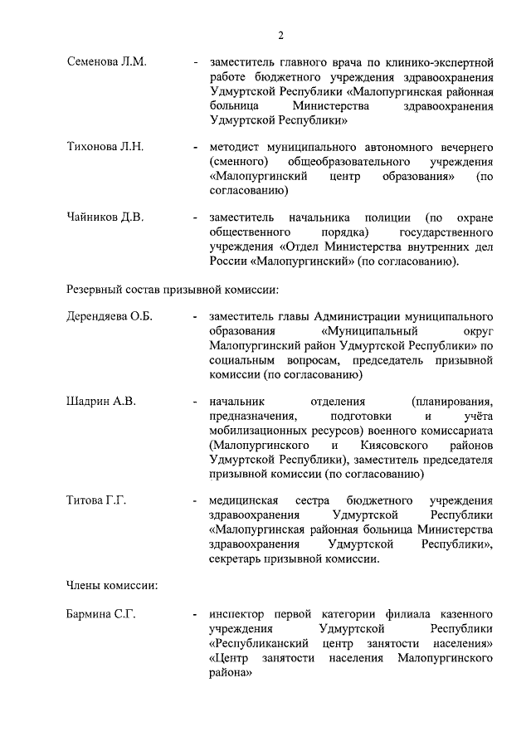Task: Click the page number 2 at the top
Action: point(281,35)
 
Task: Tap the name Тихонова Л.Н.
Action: point(105,147)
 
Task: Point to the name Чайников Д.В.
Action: point(105,217)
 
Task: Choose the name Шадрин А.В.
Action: point(101,402)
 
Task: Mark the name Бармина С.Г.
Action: point(102,614)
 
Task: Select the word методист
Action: point(237,147)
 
